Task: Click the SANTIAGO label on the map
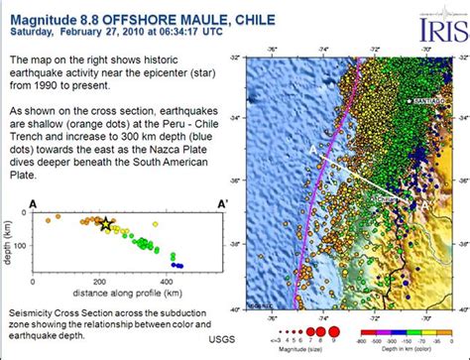pos(427,102)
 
